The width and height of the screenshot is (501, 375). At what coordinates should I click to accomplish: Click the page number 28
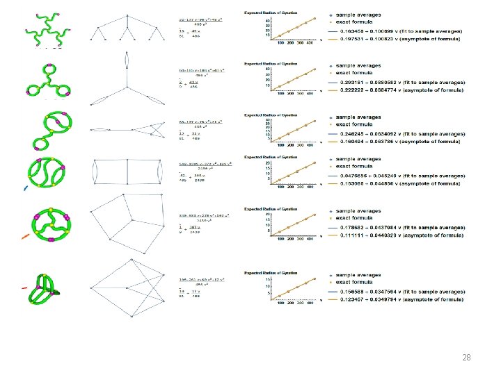tap(466, 358)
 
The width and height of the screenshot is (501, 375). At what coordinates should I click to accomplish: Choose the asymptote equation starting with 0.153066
tap(397, 183)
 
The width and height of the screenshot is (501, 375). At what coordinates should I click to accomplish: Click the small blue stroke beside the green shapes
tap(26, 187)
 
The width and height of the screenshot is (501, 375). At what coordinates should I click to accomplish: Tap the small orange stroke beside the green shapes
tap(25, 236)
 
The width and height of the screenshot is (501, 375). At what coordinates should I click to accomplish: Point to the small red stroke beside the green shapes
tap(24, 287)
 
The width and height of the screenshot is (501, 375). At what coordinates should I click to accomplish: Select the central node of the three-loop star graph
tap(126, 89)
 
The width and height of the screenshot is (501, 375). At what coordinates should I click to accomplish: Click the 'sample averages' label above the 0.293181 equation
tap(359, 65)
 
